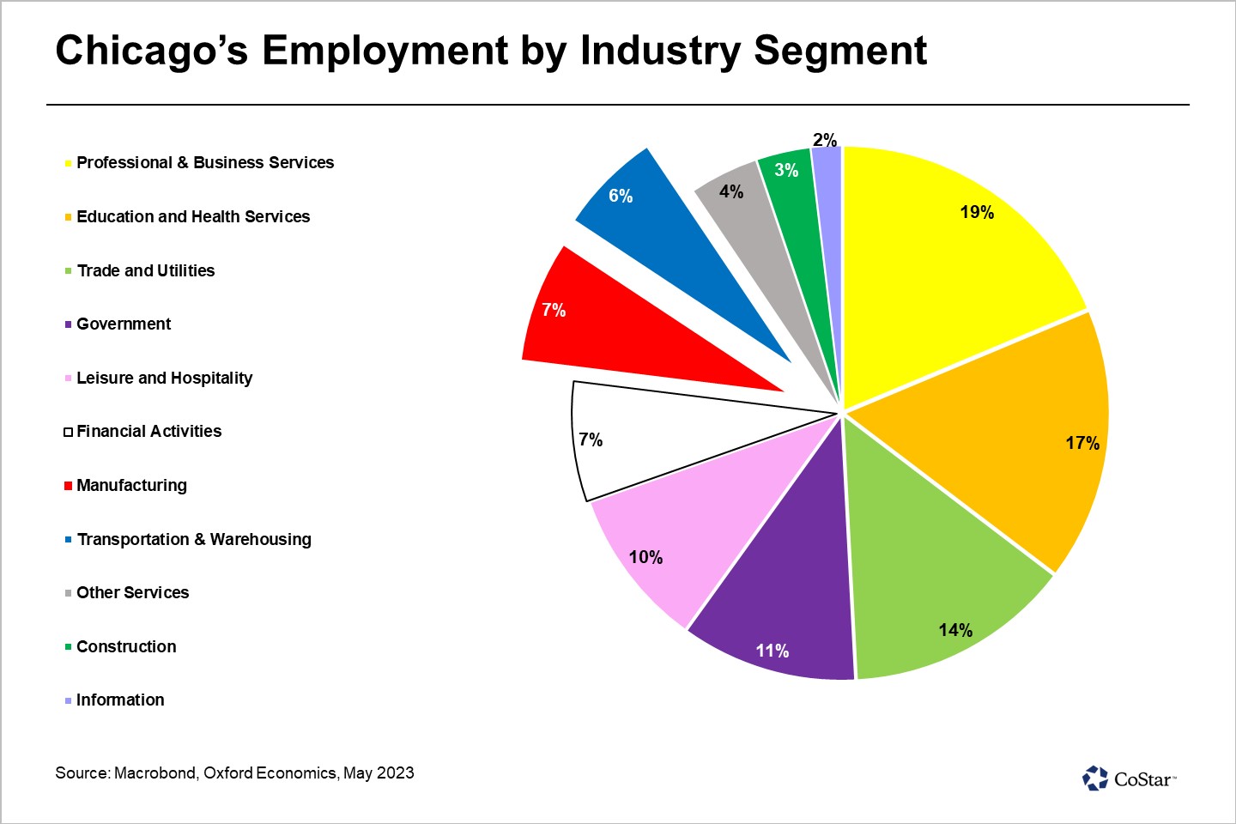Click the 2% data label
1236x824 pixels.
[x=825, y=140]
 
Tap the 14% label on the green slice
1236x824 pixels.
[x=955, y=630]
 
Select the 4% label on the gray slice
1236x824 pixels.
[x=731, y=191]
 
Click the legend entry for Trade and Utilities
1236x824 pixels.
[x=146, y=270]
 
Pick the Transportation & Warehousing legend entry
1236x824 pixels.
[x=194, y=539]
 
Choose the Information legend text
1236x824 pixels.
[x=120, y=700]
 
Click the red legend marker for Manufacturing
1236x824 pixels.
[x=68, y=486]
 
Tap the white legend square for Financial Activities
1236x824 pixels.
[x=68, y=432]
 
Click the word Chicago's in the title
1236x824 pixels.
[x=152, y=51]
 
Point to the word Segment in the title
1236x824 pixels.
[x=840, y=51]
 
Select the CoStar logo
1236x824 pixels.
[x=1129, y=779]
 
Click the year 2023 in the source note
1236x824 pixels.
[x=395, y=772]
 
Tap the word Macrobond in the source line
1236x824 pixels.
[x=154, y=772]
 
